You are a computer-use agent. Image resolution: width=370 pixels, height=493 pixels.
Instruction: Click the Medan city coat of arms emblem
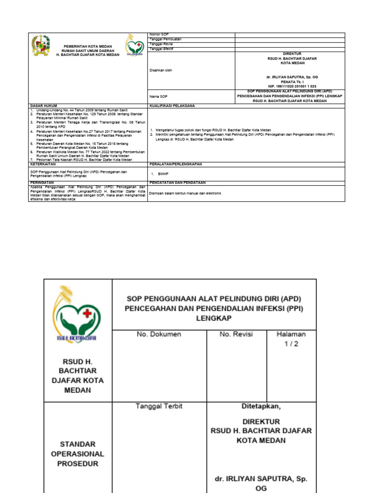point(40,45)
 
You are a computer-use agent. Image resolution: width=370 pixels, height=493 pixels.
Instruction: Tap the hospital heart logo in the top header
point(134,46)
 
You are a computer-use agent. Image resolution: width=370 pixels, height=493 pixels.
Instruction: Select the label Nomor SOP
point(159,35)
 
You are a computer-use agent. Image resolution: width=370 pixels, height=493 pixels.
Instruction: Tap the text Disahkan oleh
point(161,70)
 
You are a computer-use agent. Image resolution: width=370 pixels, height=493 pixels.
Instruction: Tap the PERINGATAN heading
point(42,183)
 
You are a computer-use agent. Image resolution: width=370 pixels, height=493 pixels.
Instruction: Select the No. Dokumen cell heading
point(159,334)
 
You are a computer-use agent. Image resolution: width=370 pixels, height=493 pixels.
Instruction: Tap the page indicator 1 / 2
point(291,344)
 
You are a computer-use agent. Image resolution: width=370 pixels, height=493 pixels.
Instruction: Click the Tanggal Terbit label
point(159,406)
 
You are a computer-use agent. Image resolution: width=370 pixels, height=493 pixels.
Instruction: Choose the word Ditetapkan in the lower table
point(261,406)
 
